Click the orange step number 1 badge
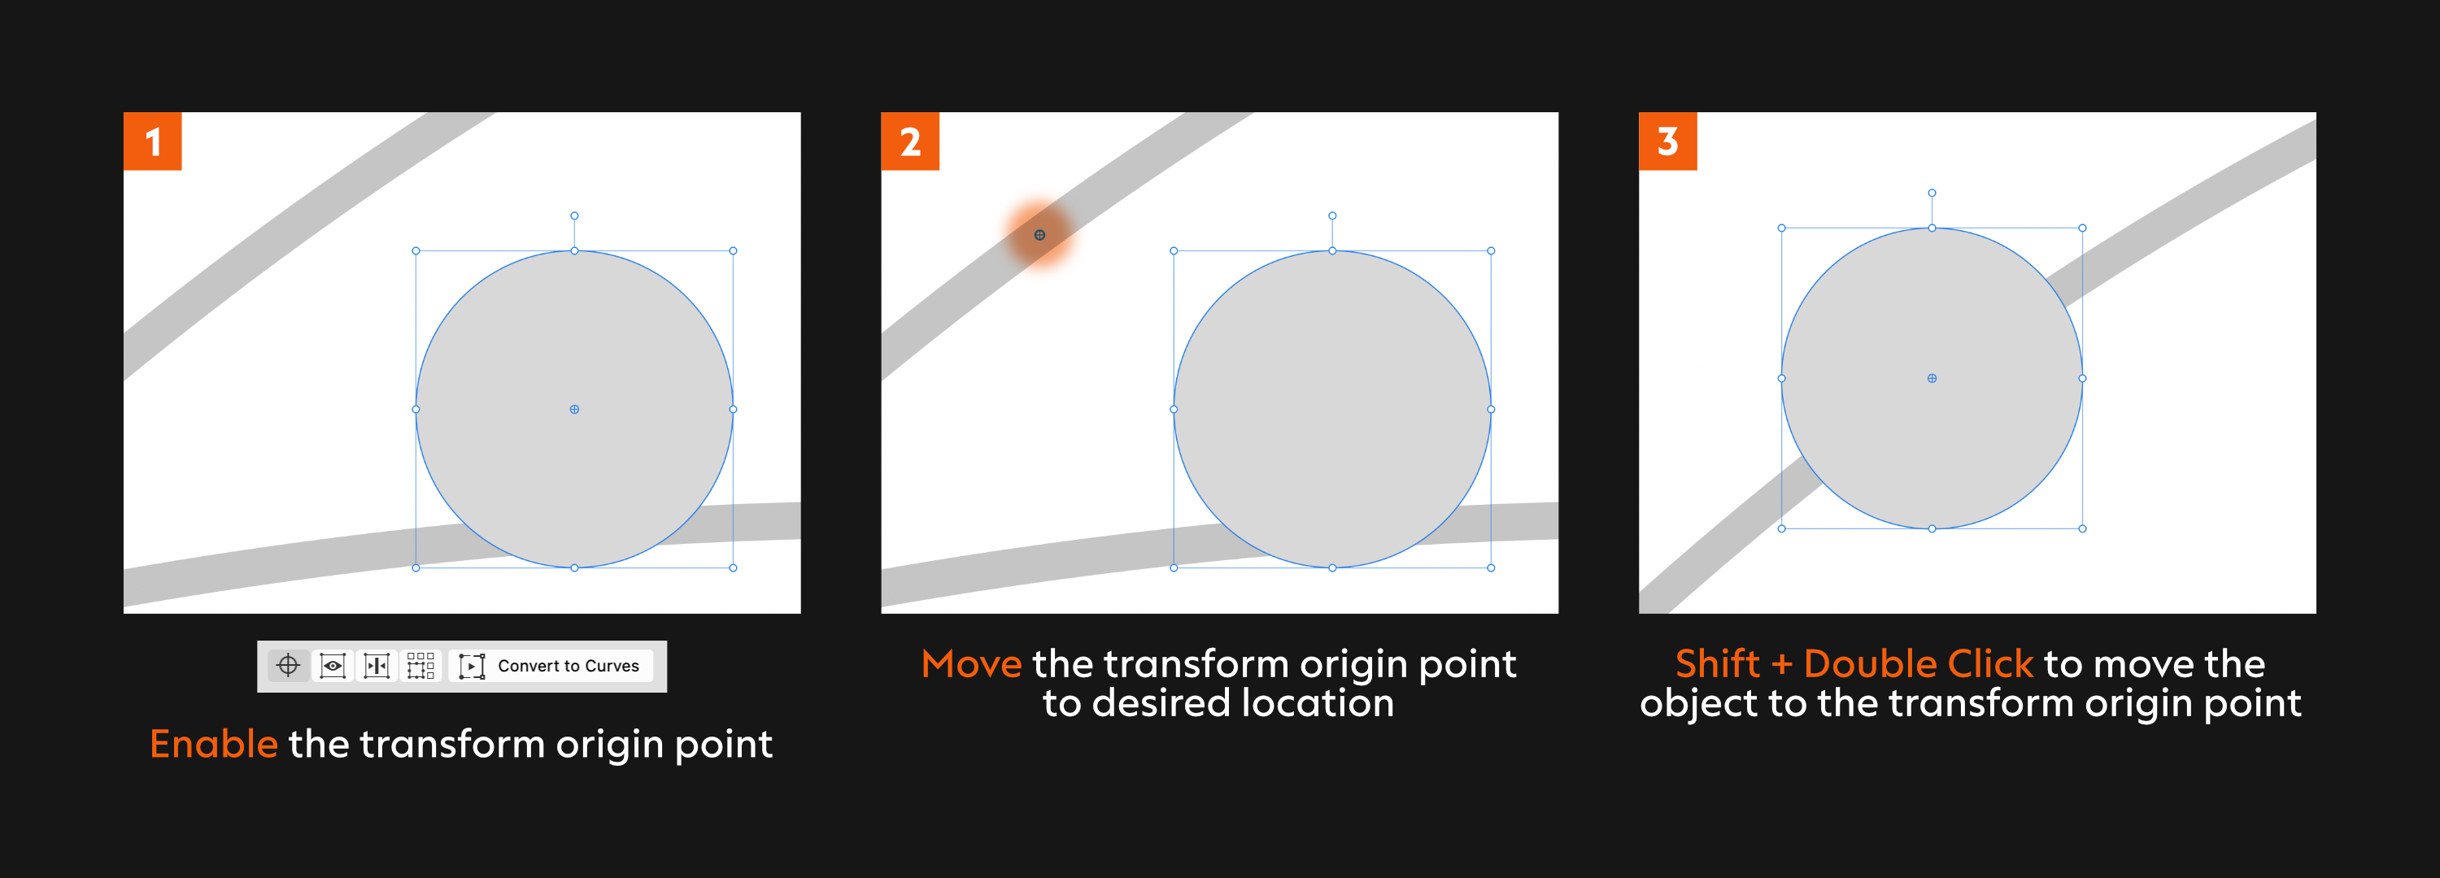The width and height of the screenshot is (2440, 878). (153, 141)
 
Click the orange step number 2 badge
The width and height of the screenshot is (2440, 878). (909, 141)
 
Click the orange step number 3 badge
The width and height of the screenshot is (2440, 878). (1667, 141)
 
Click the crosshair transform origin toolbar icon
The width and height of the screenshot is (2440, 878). (288, 666)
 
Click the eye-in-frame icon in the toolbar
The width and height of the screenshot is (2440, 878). (333, 666)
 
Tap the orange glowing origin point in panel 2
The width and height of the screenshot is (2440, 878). (1039, 235)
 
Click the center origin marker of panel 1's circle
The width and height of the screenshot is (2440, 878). (574, 409)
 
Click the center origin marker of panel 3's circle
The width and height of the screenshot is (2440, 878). (1932, 378)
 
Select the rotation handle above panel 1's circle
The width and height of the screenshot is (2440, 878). (574, 216)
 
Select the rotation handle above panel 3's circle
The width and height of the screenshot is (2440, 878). (1932, 193)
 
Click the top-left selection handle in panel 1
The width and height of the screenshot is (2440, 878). (416, 251)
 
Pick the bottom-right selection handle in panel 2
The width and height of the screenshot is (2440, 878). (1491, 568)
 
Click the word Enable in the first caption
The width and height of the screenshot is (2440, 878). (213, 745)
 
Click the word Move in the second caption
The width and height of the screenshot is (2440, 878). (971, 664)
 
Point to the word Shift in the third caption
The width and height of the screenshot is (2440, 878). (1716, 664)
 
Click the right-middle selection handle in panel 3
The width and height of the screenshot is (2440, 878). (2082, 378)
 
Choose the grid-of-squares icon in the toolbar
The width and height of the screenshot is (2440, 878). (420, 666)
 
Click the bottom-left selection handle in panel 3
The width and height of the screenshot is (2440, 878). (1782, 528)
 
